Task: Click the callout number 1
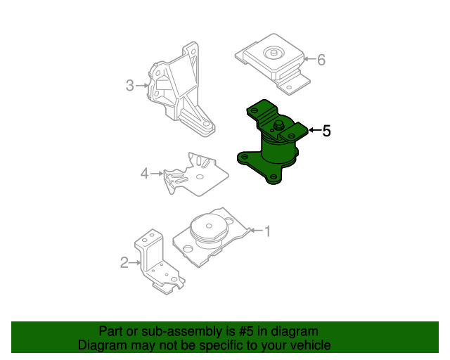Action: click(266, 230)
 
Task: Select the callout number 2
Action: click(124, 263)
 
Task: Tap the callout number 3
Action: click(129, 86)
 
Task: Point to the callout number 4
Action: click(145, 172)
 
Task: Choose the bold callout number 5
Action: click(326, 130)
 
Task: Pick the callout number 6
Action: click(321, 60)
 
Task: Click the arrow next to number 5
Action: click(314, 130)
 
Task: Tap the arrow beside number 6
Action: click(309, 60)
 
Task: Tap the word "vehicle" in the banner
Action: click(309, 346)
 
